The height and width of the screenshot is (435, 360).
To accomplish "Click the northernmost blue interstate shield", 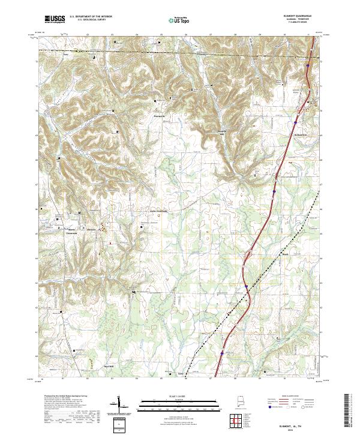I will click(307, 61).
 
